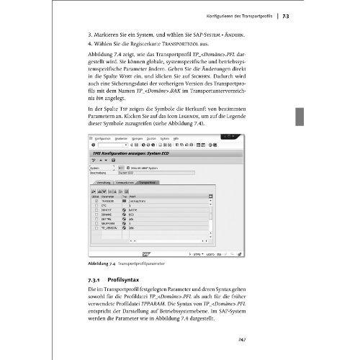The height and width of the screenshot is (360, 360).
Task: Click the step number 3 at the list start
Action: [x=88, y=32]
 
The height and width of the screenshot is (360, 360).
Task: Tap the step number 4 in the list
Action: [x=88, y=44]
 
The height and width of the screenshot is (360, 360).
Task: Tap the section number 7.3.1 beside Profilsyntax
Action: [x=94, y=277]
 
